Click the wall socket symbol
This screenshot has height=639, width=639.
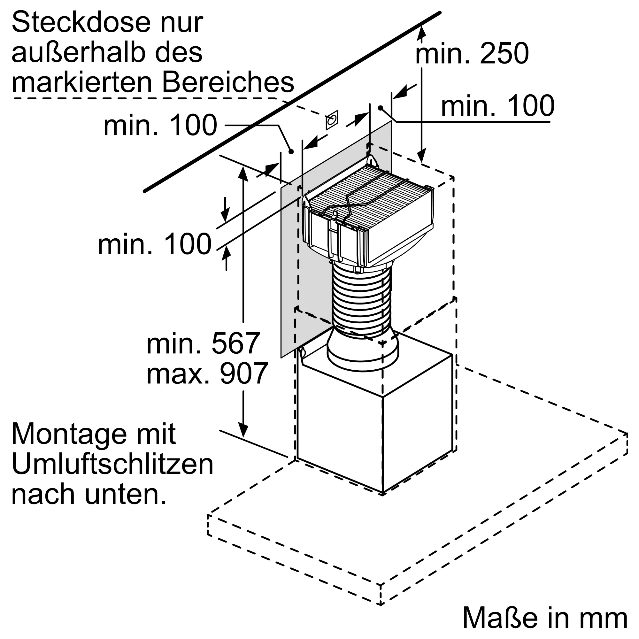click(x=332, y=120)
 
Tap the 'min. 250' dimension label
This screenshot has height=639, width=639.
click(x=472, y=54)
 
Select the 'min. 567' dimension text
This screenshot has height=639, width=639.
click(x=203, y=344)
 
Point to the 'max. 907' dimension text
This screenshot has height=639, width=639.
click(x=207, y=373)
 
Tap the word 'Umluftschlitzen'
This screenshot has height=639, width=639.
click(x=112, y=464)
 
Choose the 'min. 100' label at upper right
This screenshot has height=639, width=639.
click(x=498, y=106)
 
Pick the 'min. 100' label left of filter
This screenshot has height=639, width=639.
click(x=154, y=244)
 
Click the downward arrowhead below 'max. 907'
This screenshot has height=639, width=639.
click(x=243, y=430)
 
